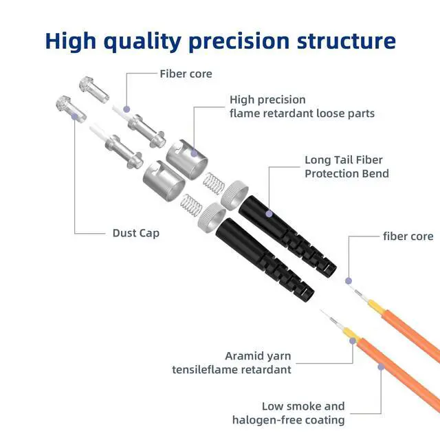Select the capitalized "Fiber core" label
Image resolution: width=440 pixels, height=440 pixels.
(x=186, y=74)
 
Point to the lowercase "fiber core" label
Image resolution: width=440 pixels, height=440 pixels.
(x=408, y=236)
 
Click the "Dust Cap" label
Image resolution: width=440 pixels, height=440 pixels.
(x=135, y=233)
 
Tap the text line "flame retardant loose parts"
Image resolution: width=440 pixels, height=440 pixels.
(x=302, y=113)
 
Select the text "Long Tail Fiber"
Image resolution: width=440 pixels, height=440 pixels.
(x=347, y=159)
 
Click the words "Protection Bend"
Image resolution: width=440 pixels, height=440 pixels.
(x=346, y=173)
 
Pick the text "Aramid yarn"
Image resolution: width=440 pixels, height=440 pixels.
(x=258, y=356)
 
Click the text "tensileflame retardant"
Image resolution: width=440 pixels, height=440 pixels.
(x=231, y=370)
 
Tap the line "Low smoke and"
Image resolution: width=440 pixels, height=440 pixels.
(x=303, y=406)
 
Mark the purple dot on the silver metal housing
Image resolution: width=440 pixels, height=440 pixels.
(x=195, y=153)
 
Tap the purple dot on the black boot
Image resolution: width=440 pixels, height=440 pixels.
(x=269, y=214)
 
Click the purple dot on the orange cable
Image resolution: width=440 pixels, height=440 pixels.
(x=380, y=368)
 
